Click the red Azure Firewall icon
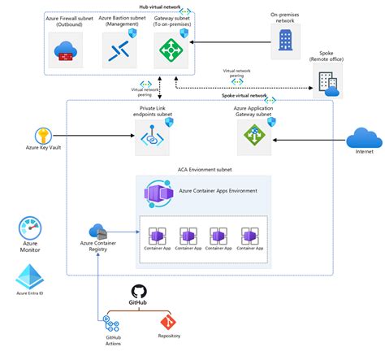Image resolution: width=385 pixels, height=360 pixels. [x=64, y=53]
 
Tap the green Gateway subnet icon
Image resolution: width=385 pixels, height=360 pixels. [x=171, y=52]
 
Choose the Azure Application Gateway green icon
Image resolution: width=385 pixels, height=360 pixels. [x=249, y=139]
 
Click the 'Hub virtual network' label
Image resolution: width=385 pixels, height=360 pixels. [x=161, y=6]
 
